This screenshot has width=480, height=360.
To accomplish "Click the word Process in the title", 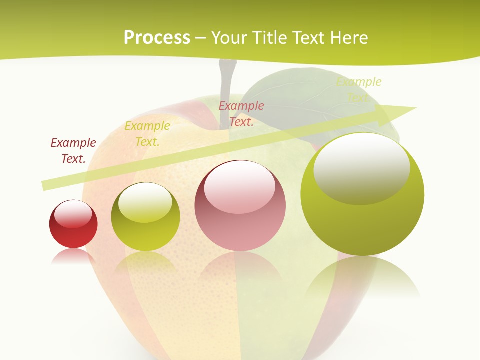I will (x=157, y=38).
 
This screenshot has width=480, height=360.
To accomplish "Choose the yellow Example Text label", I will (x=147, y=134).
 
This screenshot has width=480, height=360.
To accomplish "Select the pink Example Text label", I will (x=241, y=114).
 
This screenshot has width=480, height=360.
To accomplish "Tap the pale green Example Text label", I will (x=358, y=90).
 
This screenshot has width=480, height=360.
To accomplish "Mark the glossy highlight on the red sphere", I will (x=73, y=214).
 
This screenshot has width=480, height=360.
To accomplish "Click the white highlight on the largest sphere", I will (x=362, y=168).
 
